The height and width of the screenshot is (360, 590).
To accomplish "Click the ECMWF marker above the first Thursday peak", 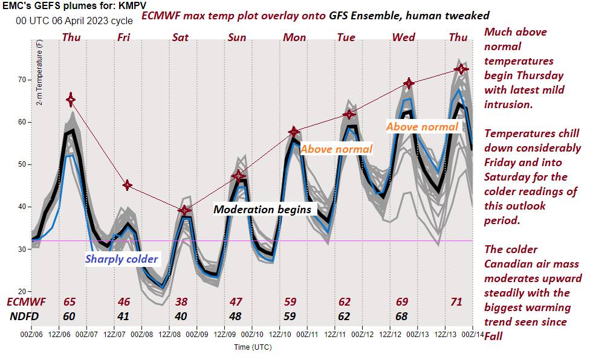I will coord(71,99).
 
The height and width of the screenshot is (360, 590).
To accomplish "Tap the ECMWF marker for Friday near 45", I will coord(126,185).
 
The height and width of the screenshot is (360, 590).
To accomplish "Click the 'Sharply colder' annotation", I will coord(122,259).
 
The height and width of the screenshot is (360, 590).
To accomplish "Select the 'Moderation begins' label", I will coord(262,210).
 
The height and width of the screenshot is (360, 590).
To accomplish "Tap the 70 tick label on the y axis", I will coord(22,80).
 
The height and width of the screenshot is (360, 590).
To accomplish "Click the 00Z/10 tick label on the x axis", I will coord(253,334).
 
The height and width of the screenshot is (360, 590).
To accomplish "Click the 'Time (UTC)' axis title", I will coord(253,347).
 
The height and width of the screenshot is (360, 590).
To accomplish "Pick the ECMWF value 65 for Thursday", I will coord(71,301).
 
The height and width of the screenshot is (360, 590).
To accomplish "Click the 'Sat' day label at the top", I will coord(180,37).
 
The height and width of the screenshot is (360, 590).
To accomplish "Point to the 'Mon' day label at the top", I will coord(294,37).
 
